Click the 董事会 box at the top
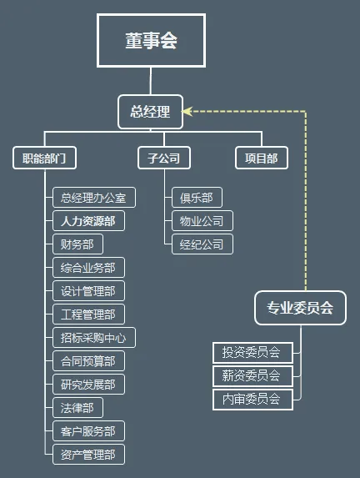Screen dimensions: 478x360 pyautogui.click(x=151, y=40)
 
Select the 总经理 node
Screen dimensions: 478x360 pyautogui.click(x=150, y=112)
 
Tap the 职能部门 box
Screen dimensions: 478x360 pyautogui.click(x=45, y=158)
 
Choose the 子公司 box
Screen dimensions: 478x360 pyautogui.click(x=163, y=158)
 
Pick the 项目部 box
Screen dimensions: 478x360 pyautogui.click(x=261, y=158)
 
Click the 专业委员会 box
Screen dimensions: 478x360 pyautogui.click(x=300, y=308)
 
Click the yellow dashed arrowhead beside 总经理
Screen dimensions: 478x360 pyautogui.click(x=188, y=109)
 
